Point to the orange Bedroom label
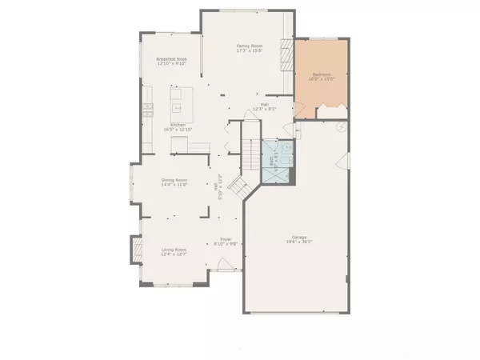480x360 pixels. [x=322, y=74]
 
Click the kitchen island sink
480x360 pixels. [x=178, y=102]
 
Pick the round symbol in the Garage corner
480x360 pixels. [x=343, y=126]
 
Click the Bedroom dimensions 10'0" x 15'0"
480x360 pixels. [x=322, y=79]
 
